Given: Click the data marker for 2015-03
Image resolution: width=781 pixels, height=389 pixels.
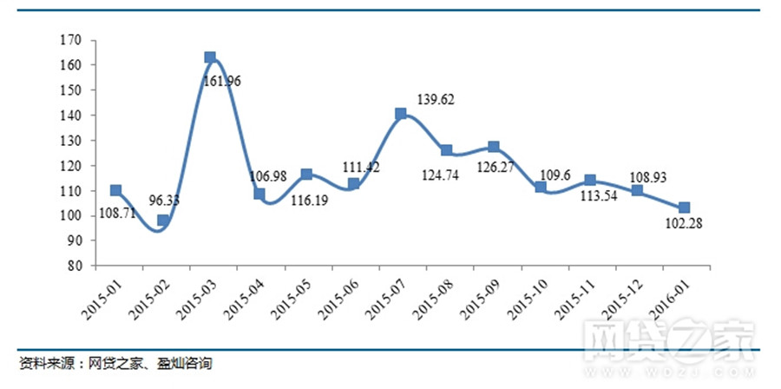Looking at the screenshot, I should pos(210,57).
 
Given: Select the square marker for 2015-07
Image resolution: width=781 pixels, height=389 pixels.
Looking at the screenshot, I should pos(401,114).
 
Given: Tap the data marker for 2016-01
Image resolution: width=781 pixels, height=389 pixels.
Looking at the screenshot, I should pos(684,208).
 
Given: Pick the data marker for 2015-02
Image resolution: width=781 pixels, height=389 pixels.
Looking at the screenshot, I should pos(163,221).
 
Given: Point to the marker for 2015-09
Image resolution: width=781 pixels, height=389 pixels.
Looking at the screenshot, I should pos(494,147).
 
